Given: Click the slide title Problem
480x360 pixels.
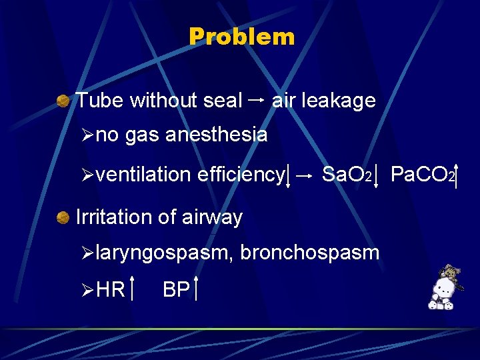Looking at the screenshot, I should pyautogui.click(x=241, y=37).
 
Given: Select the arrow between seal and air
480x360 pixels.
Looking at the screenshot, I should pyautogui.click(x=257, y=100).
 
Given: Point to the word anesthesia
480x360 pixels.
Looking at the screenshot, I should pyautogui.click(x=216, y=135).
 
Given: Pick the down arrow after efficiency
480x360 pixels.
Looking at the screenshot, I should pyautogui.click(x=288, y=175).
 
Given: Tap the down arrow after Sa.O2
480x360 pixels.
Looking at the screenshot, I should pyautogui.click(x=377, y=175).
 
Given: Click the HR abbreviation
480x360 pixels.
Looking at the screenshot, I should pyautogui.click(x=111, y=290).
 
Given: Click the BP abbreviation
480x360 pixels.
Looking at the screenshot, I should pyautogui.click(x=176, y=290).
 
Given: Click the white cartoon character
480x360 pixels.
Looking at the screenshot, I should pyautogui.click(x=442, y=291).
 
